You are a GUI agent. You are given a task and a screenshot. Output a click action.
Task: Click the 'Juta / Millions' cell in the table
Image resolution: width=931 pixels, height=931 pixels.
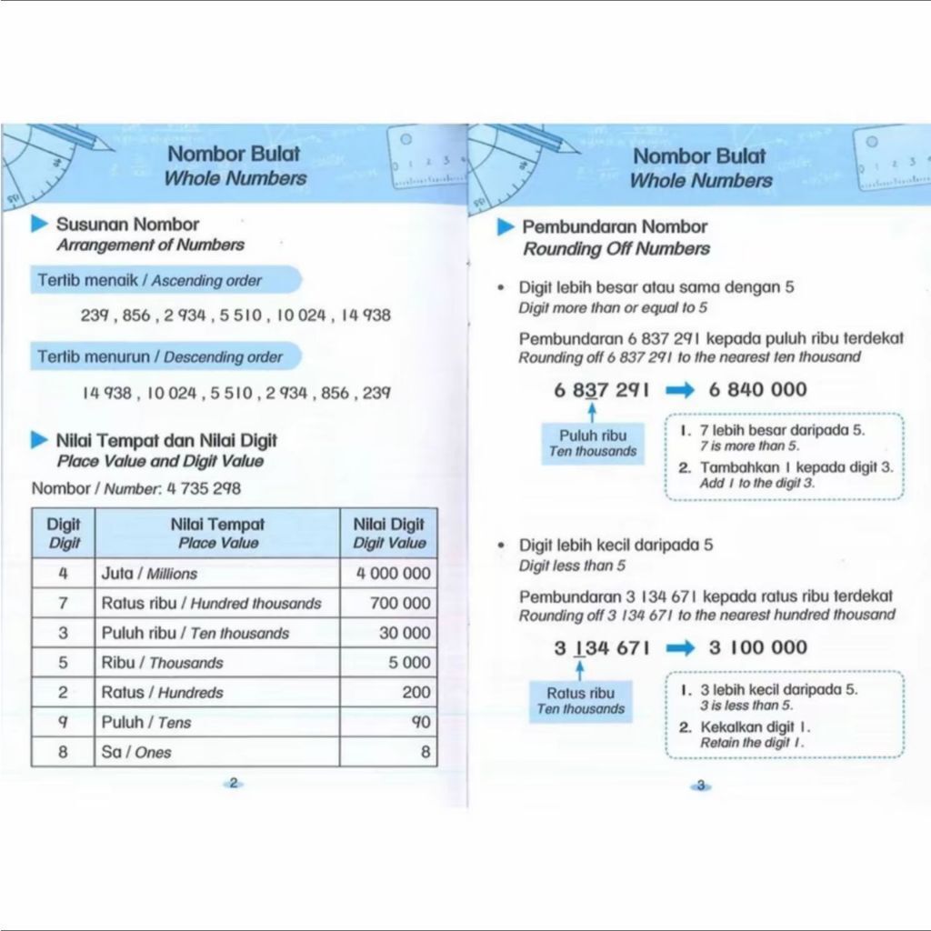[x=150, y=574]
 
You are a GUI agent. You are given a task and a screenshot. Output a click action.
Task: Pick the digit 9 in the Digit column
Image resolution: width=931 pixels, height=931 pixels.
[x=63, y=722]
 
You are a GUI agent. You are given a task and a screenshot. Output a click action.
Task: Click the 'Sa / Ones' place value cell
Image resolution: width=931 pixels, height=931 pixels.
[x=136, y=752]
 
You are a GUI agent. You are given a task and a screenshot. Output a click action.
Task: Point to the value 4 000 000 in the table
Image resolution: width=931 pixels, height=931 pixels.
[x=393, y=574]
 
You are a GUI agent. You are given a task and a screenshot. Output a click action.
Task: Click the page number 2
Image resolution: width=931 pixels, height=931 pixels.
[x=234, y=783]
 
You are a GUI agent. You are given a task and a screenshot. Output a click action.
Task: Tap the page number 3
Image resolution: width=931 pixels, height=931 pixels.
[x=701, y=786]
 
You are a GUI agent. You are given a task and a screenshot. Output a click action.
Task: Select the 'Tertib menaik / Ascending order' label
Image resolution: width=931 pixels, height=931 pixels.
[x=150, y=281]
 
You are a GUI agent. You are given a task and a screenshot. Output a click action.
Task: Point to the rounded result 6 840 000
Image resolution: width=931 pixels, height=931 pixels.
[x=757, y=390]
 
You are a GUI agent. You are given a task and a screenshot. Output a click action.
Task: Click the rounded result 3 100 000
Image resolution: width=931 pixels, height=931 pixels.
[x=757, y=647]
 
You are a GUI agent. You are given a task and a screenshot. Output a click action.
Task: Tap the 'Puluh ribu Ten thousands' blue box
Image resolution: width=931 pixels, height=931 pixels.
[x=593, y=444]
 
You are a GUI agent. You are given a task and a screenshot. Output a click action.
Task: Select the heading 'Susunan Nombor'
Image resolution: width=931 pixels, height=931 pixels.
[x=127, y=225]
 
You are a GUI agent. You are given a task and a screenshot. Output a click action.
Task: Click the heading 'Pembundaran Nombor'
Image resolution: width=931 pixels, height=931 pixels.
[x=614, y=227]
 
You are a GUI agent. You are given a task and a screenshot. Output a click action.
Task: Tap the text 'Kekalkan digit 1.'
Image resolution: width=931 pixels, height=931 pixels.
[x=755, y=727]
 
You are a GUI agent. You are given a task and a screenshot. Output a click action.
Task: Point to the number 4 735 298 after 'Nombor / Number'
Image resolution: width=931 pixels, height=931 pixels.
[x=202, y=488]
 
